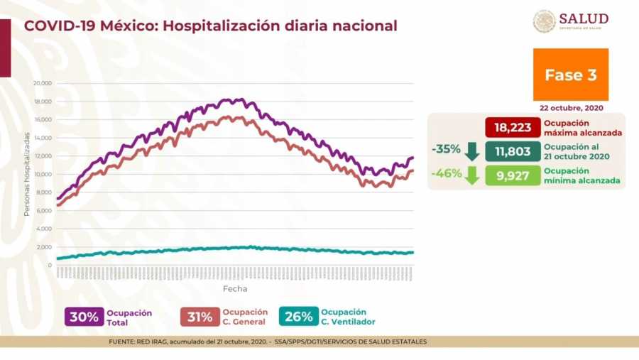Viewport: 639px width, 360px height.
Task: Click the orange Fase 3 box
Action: tap(570, 75)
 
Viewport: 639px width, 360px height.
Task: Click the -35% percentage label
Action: tap(445, 151)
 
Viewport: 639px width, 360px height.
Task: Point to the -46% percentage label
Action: tap(445, 173)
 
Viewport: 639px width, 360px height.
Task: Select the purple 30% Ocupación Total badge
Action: tap(84, 317)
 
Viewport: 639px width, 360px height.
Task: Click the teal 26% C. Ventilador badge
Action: tap(298, 317)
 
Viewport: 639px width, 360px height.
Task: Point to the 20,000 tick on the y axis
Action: tap(43, 83)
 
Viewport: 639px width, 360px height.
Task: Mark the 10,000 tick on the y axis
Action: tap(43, 174)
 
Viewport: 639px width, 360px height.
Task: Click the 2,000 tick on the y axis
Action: tap(44, 247)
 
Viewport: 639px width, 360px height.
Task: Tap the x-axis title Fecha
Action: tap(235, 289)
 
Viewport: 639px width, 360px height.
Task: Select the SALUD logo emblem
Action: tap(545, 21)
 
